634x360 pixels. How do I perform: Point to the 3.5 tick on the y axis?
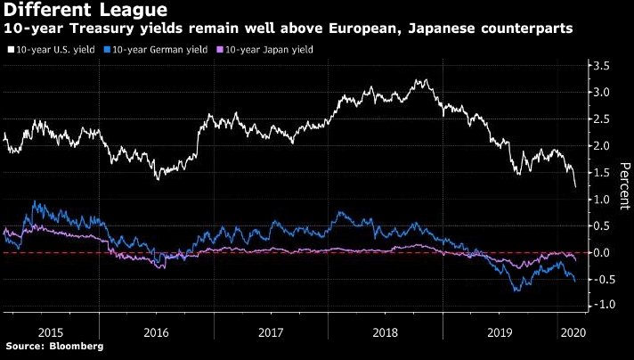[x=602, y=66]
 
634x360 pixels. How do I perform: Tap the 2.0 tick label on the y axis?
[x=602, y=145]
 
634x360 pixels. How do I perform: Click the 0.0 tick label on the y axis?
[x=602, y=252]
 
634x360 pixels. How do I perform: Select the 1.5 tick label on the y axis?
[x=602, y=172]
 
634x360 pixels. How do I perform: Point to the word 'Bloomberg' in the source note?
[x=76, y=346]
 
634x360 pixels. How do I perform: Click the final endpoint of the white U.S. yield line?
[x=576, y=186]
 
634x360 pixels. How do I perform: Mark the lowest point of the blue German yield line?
[x=516, y=290]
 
